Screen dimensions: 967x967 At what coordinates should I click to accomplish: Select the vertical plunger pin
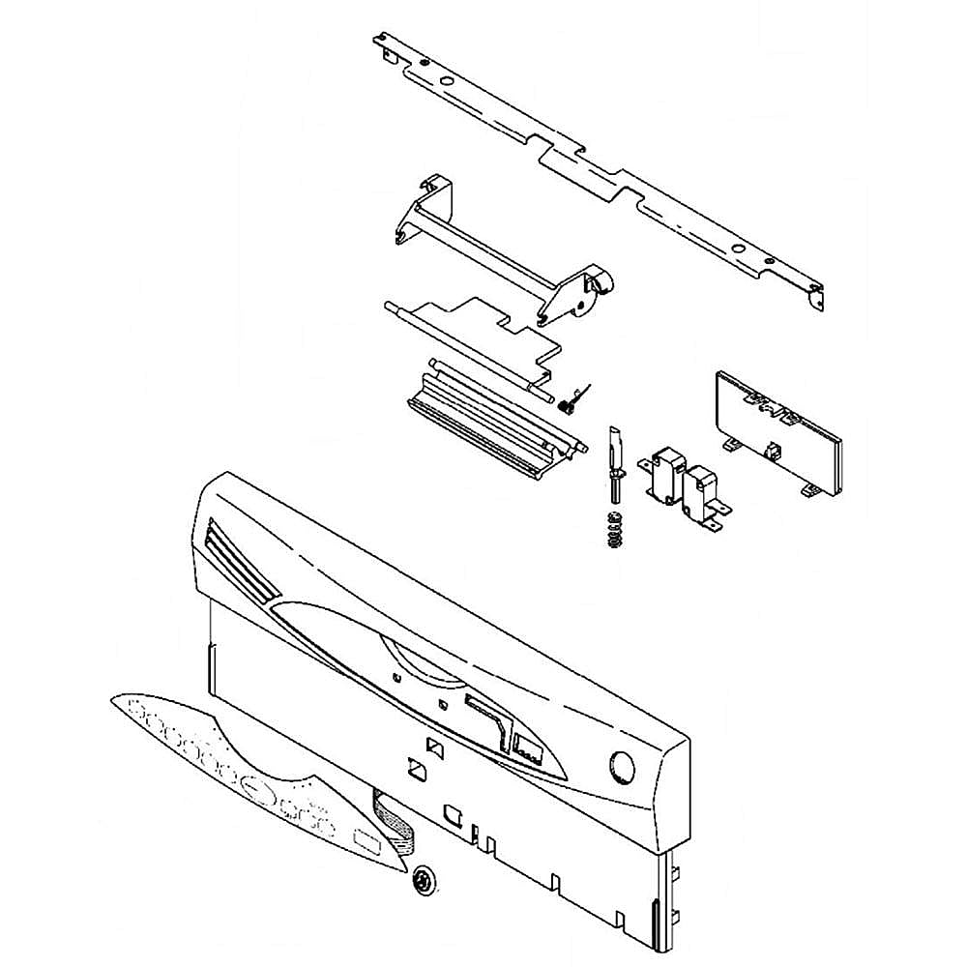(x=615, y=464)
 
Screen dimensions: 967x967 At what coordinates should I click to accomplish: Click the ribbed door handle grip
(x=488, y=421)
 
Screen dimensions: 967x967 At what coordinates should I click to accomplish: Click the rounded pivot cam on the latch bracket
(x=600, y=283)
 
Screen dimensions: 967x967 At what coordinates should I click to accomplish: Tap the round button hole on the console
(x=622, y=769)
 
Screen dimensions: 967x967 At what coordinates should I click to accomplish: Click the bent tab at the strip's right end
(x=814, y=296)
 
